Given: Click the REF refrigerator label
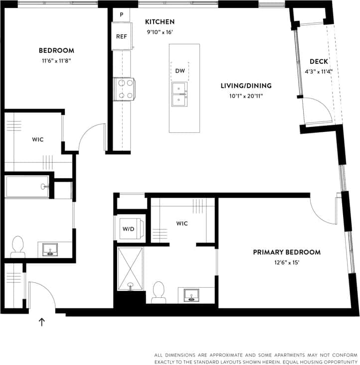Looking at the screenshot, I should [x=121, y=36].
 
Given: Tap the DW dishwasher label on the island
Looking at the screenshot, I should [x=180, y=71].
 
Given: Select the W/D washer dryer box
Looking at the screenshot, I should [x=129, y=229].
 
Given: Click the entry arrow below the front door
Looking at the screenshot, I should [x=42, y=322].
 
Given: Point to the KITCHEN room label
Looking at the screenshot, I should [x=160, y=22].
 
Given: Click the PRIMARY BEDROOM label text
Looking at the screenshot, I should [x=286, y=252].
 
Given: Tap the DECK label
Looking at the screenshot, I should [x=319, y=62].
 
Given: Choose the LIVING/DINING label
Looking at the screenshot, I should [x=242, y=86].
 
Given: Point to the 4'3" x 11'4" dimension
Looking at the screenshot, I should [x=319, y=71].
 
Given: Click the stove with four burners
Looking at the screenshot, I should [x=124, y=89].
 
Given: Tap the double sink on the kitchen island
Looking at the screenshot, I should [x=180, y=94].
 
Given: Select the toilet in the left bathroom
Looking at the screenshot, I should [x=17, y=246].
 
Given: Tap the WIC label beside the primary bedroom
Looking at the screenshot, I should [x=181, y=224].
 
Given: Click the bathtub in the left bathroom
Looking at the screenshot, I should [x=27, y=187].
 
